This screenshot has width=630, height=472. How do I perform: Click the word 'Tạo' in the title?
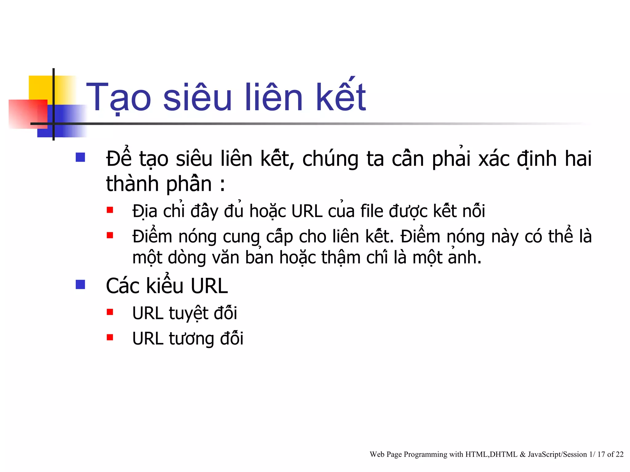[x=119, y=98]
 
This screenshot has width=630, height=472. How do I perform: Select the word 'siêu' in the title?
[x=197, y=98]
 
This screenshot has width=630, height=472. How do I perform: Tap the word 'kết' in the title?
[x=341, y=96]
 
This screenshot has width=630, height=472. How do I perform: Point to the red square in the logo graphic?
[x=28, y=114]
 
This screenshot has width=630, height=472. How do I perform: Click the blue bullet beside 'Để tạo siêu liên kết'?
[x=80, y=157]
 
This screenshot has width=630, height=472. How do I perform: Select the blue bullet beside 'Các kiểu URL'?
[x=80, y=285]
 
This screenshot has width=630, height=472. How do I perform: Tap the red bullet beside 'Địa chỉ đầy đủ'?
[x=110, y=210]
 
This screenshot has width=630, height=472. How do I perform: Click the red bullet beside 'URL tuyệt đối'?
[x=110, y=312]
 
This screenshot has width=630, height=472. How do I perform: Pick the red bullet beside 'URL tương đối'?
[x=110, y=337]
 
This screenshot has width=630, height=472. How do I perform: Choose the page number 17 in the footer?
[x=601, y=454]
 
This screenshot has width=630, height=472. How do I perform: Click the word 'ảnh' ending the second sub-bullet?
[x=465, y=258]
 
